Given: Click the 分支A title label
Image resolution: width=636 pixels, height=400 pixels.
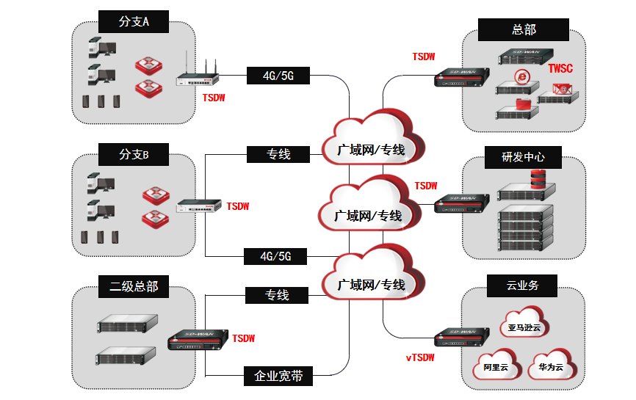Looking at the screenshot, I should coord(134,22).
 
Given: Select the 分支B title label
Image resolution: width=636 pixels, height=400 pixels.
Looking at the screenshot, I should coord(134,155).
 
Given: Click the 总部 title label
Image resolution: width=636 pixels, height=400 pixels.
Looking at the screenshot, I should coord(524,29).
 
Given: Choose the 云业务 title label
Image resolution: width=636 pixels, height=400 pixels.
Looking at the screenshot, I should coord(522,285).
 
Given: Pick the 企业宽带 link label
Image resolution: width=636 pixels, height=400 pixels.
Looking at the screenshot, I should coord(278,376).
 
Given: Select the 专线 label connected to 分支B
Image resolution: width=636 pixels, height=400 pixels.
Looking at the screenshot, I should coord(278,154).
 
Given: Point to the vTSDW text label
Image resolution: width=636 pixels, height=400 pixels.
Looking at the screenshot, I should coord(420,357).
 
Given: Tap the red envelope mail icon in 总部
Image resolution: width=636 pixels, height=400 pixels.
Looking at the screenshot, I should coord(563,89).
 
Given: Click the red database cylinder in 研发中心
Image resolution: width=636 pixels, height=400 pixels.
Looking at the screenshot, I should coord(539,178).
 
